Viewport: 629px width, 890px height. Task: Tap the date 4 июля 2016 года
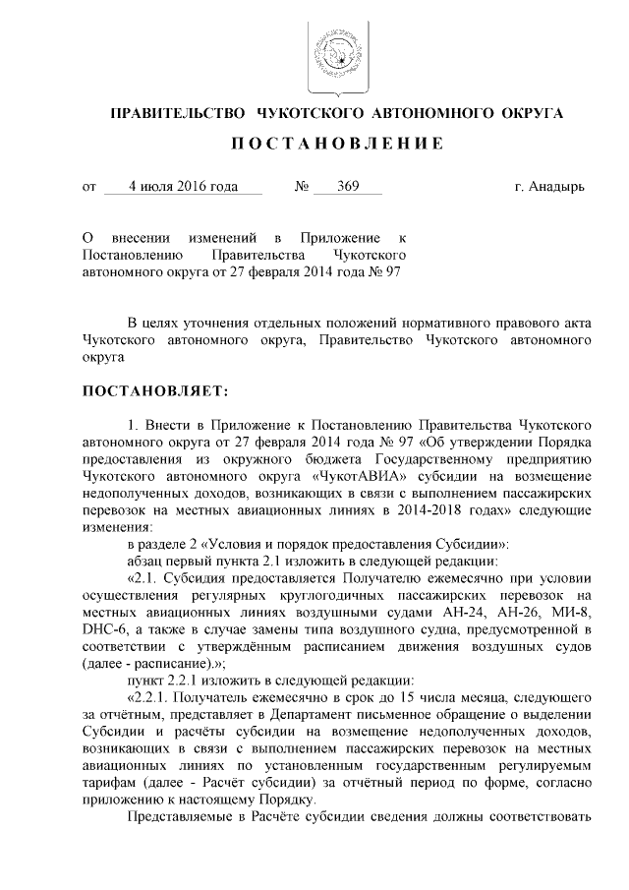tap(183, 186)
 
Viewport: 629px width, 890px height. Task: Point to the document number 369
tap(346, 186)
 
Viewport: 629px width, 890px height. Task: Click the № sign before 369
tap(303, 186)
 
